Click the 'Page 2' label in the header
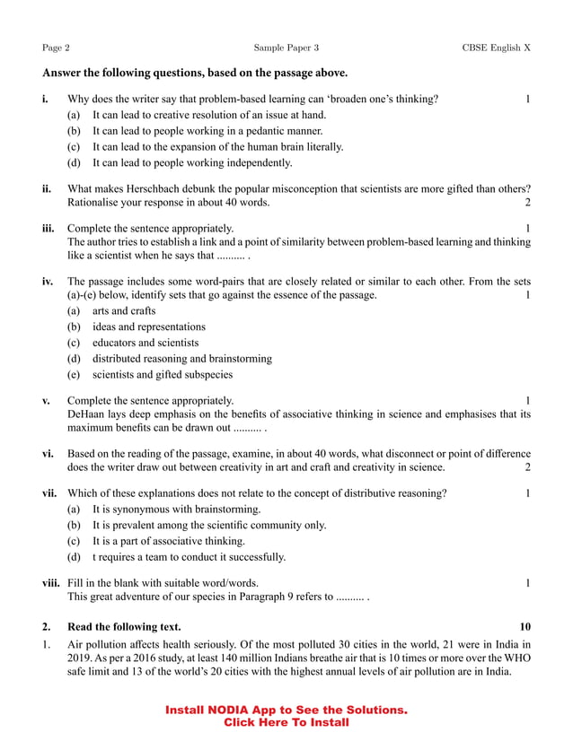click(x=56, y=48)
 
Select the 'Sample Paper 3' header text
click(x=286, y=48)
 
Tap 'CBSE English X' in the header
click(x=496, y=48)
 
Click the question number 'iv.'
click(x=48, y=280)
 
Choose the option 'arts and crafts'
click(x=124, y=310)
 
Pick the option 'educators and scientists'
click(x=145, y=343)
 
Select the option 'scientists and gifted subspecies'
click(x=162, y=375)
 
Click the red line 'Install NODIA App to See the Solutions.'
click(x=286, y=710)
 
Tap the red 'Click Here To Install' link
click(x=286, y=722)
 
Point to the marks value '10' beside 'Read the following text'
click(x=525, y=626)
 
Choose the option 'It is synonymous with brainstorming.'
click(x=176, y=510)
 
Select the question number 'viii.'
click(x=51, y=582)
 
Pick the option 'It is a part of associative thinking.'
click(x=168, y=541)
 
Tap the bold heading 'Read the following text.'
click(x=124, y=626)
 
